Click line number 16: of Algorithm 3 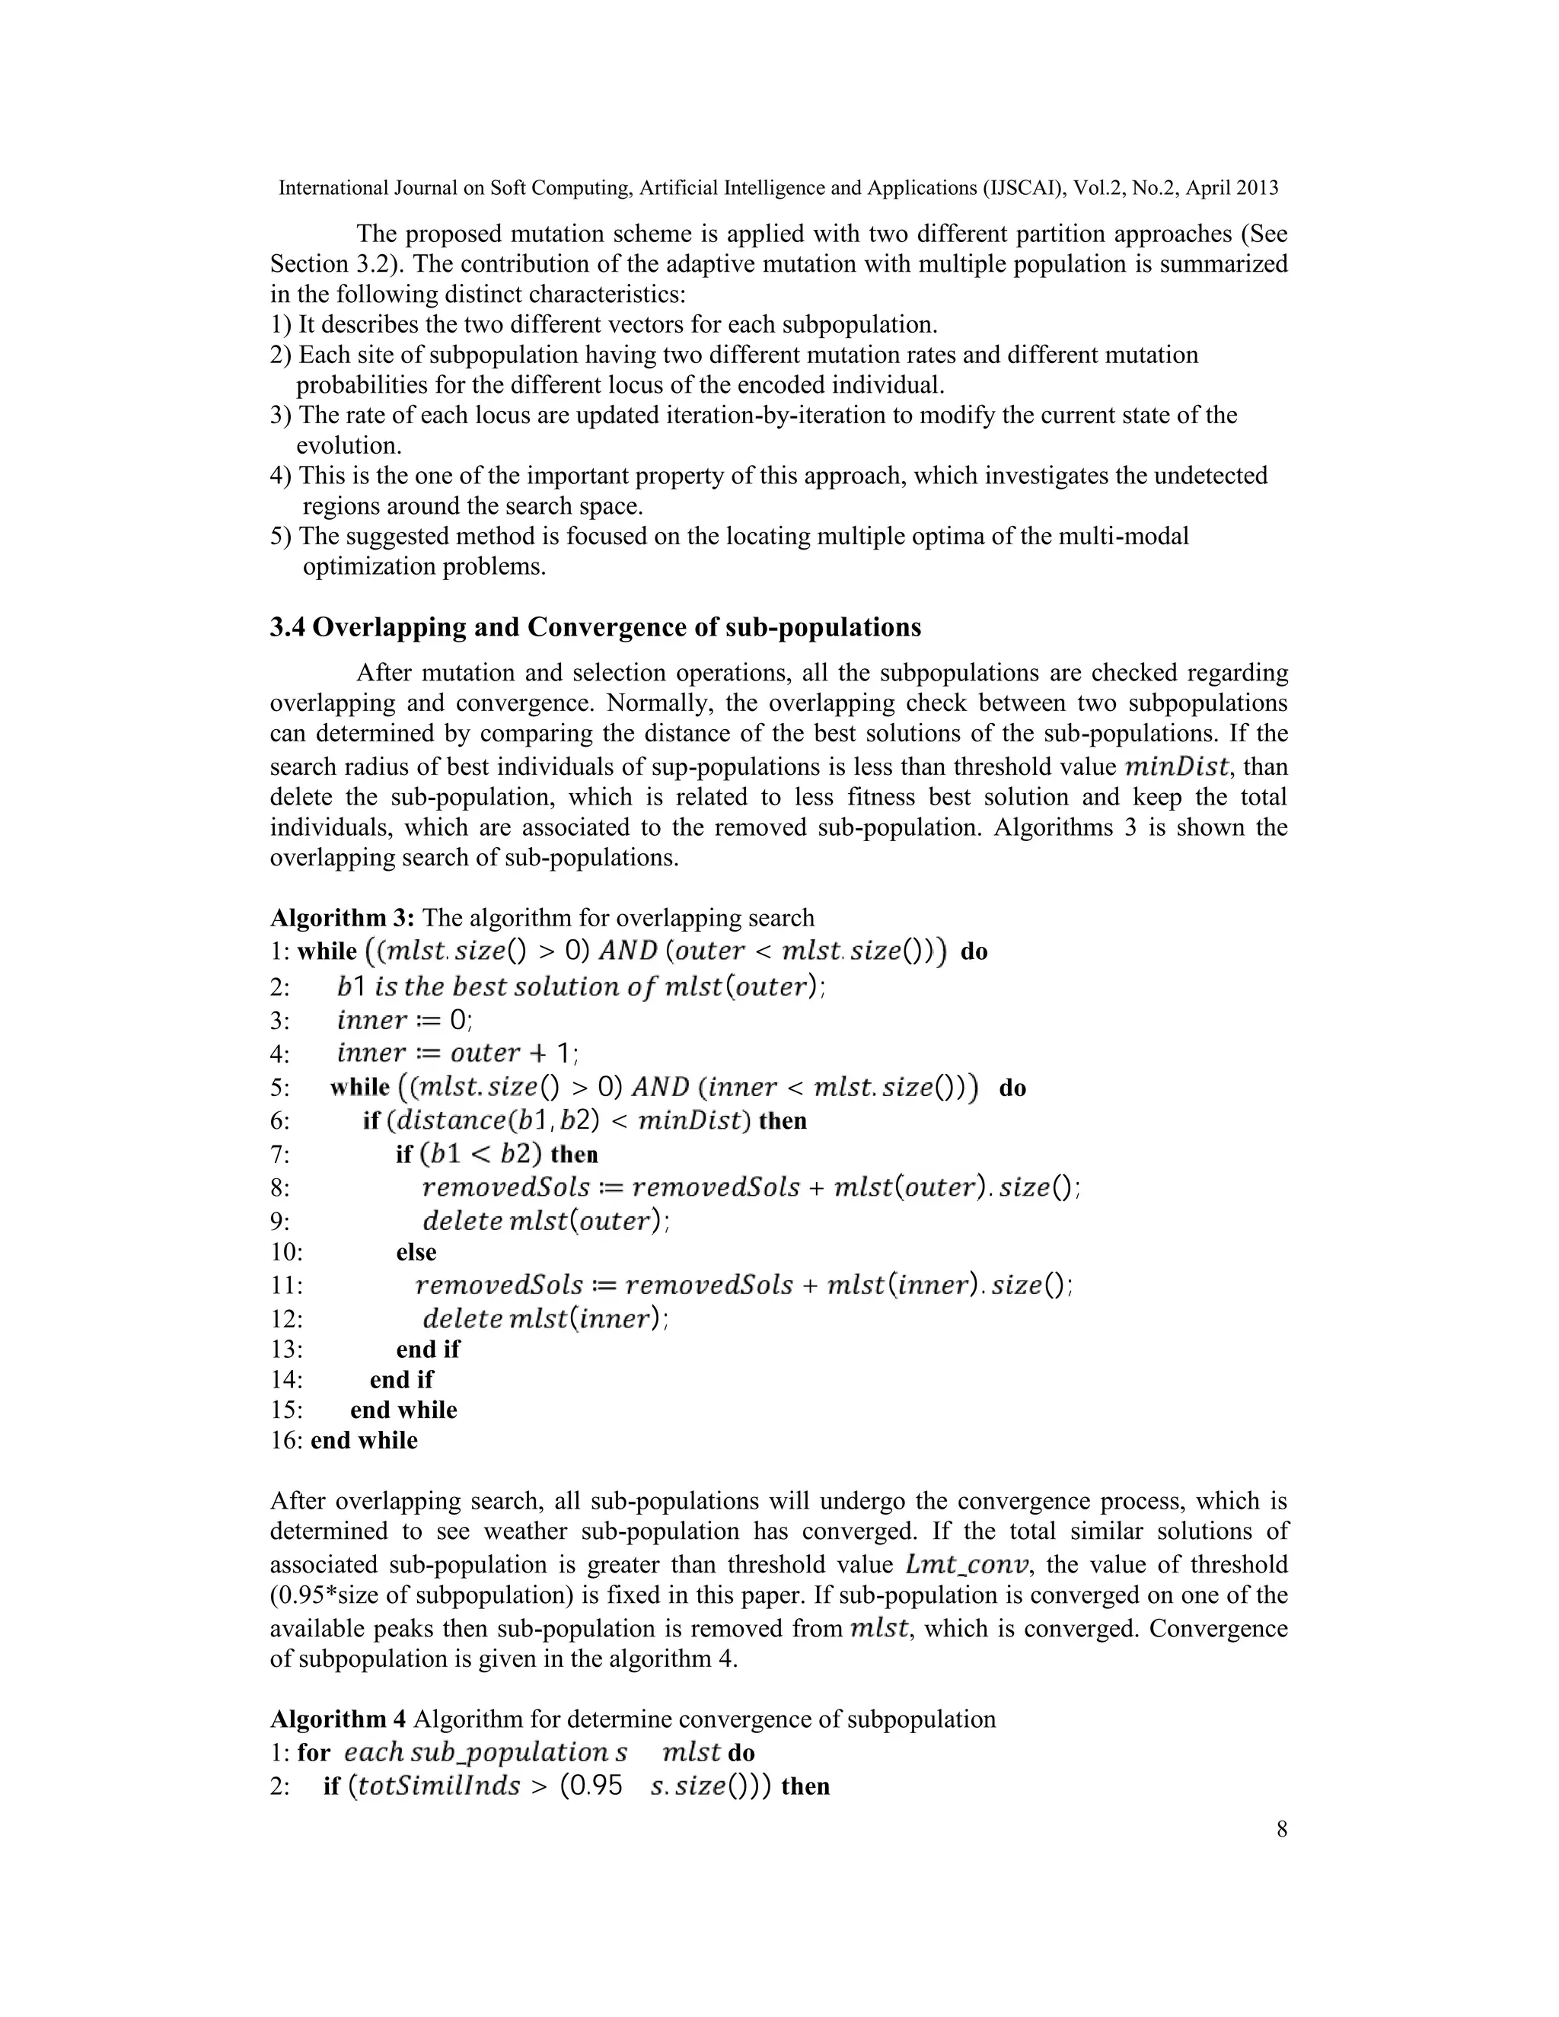coord(285,1440)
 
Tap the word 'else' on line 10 coord(416,1252)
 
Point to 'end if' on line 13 coord(428,1349)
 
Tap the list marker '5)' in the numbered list coord(281,536)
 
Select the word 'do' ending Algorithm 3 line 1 coord(974,951)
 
